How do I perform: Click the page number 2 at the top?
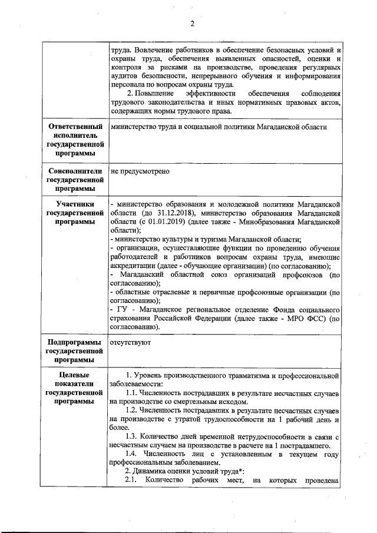click(x=191, y=24)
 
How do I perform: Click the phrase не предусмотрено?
click(x=140, y=171)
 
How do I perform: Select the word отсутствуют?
click(x=131, y=342)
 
